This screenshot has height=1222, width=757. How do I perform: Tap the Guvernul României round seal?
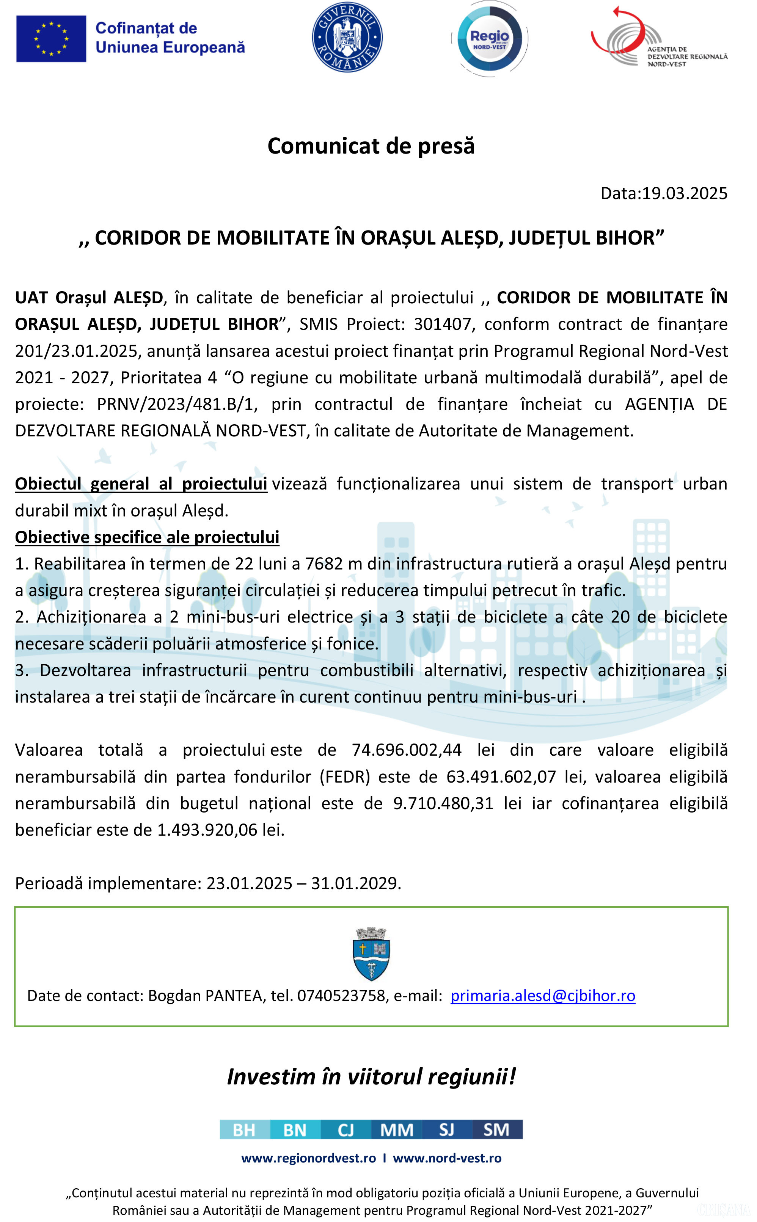pos(347,37)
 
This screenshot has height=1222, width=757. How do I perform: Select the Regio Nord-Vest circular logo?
pos(489,39)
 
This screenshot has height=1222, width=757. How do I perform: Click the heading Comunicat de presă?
pos(371,146)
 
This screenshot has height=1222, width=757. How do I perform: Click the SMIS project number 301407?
pos(443,324)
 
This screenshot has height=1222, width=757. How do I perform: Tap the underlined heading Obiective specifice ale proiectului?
pos(147,537)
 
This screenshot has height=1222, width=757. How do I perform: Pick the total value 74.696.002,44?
pos(406,750)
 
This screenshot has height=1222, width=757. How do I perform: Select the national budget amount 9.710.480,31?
pos(443,803)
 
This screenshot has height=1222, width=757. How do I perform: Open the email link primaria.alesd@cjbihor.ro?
pos(542,995)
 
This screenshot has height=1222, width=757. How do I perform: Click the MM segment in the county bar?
pos(397,1129)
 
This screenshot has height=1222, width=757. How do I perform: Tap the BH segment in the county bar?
pos(244,1129)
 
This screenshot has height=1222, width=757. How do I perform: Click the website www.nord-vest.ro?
pos(447,1158)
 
